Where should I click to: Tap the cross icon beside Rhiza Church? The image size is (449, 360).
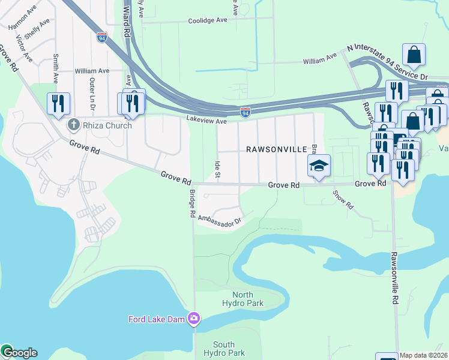click(73, 125)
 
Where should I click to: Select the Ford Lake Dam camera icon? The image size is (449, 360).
click(194, 319)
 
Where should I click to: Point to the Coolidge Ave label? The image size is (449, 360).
click(207, 20)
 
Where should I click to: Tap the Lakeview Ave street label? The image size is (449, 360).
click(206, 121)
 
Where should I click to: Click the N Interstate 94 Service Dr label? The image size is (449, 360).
click(387, 60)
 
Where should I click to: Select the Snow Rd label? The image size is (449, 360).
click(343, 200)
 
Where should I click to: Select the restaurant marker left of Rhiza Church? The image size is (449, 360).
click(58, 104)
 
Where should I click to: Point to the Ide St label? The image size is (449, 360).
click(217, 169)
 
